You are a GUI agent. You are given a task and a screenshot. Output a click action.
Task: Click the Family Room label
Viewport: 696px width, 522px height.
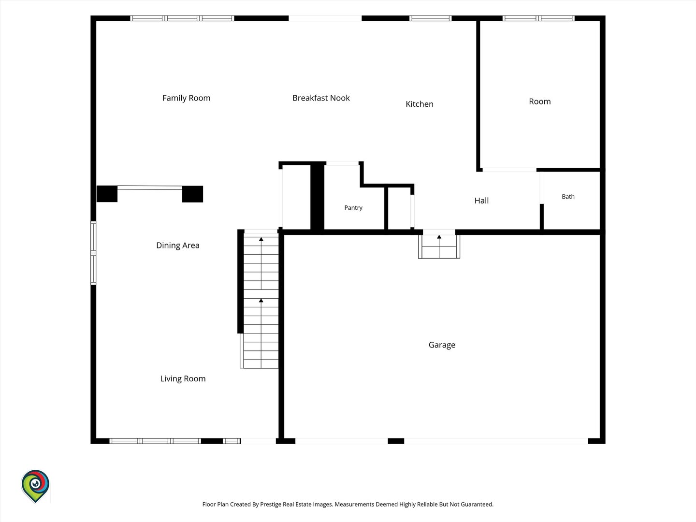click(187, 98)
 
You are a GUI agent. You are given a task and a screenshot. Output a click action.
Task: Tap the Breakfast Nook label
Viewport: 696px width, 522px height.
click(321, 98)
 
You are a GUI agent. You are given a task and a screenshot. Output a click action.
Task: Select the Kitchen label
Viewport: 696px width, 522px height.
click(420, 104)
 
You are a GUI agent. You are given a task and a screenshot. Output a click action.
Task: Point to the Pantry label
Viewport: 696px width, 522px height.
click(353, 208)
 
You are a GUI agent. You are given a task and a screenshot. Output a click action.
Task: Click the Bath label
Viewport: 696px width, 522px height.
click(568, 197)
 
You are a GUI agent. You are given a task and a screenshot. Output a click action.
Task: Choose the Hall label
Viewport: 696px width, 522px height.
click(481, 201)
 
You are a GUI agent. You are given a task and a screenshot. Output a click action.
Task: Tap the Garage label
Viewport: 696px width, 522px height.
click(442, 345)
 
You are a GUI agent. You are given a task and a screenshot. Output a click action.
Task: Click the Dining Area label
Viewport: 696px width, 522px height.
click(177, 246)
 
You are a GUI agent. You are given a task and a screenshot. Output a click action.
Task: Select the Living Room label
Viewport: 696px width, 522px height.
click(183, 379)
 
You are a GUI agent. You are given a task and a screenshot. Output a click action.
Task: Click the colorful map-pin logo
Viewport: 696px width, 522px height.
click(35, 486)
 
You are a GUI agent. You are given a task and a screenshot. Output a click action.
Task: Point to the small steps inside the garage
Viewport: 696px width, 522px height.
click(439, 246)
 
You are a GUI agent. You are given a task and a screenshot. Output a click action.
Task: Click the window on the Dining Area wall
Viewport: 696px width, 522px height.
click(94, 253)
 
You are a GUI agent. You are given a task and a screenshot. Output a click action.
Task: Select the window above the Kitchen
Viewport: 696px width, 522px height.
click(430, 18)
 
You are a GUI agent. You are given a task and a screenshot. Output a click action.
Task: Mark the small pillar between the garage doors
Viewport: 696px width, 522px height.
click(396, 441)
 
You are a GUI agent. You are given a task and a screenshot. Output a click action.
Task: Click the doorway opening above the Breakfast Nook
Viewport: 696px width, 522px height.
click(325, 18)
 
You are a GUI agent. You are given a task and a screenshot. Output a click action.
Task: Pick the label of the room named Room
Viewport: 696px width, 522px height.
click(540, 101)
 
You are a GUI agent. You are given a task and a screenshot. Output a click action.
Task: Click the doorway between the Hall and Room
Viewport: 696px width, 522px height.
click(509, 170)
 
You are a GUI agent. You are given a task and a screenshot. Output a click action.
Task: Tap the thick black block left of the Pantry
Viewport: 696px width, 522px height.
click(317, 198)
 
